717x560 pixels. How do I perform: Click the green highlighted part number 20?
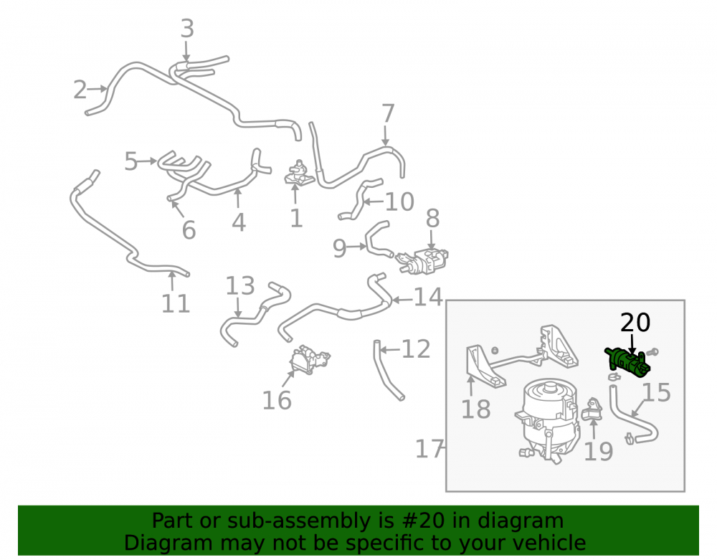pos(627,359)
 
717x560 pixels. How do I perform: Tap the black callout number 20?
pos(635,323)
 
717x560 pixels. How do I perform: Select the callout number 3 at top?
pos(187,29)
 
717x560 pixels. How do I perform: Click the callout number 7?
pos(388,113)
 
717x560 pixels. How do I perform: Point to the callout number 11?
pos(176,303)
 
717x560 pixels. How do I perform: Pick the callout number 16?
pos(277,400)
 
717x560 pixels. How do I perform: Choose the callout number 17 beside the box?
pos(429,449)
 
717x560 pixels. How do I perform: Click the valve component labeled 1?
pos(300,174)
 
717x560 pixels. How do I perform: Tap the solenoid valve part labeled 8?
pos(422,261)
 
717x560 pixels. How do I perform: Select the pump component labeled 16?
pos(309,359)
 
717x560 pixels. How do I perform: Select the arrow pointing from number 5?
pos(147,161)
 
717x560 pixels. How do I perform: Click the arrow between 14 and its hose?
pos(402,300)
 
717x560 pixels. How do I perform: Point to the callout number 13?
pos(240,285)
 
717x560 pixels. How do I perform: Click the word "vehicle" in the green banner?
pos(550,543)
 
